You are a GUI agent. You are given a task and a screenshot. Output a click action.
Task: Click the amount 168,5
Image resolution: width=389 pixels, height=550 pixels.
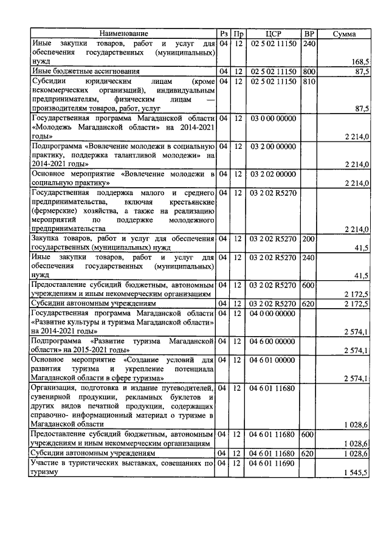click(360, 62)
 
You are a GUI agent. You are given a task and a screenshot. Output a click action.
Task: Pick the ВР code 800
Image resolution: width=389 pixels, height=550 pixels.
click(309, 71)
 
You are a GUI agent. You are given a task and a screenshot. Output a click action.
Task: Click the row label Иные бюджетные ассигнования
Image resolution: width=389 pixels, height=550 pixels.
click(84, 71)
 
